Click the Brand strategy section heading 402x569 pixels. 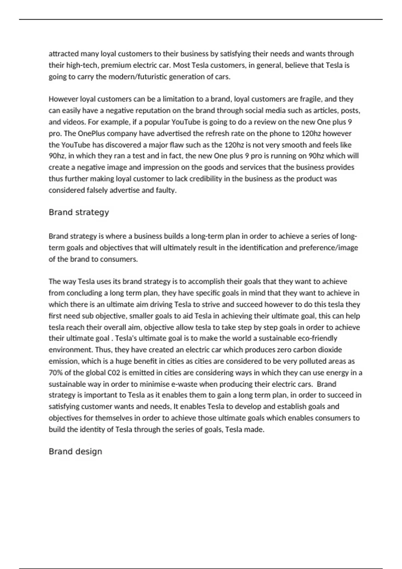tap(79, 213)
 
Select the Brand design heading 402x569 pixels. tap(75, 452)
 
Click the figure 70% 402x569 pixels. tap(55, 373)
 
